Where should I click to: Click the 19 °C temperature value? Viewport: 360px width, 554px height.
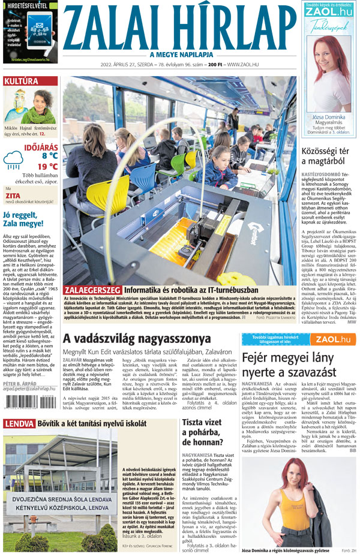click(47, 166)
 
